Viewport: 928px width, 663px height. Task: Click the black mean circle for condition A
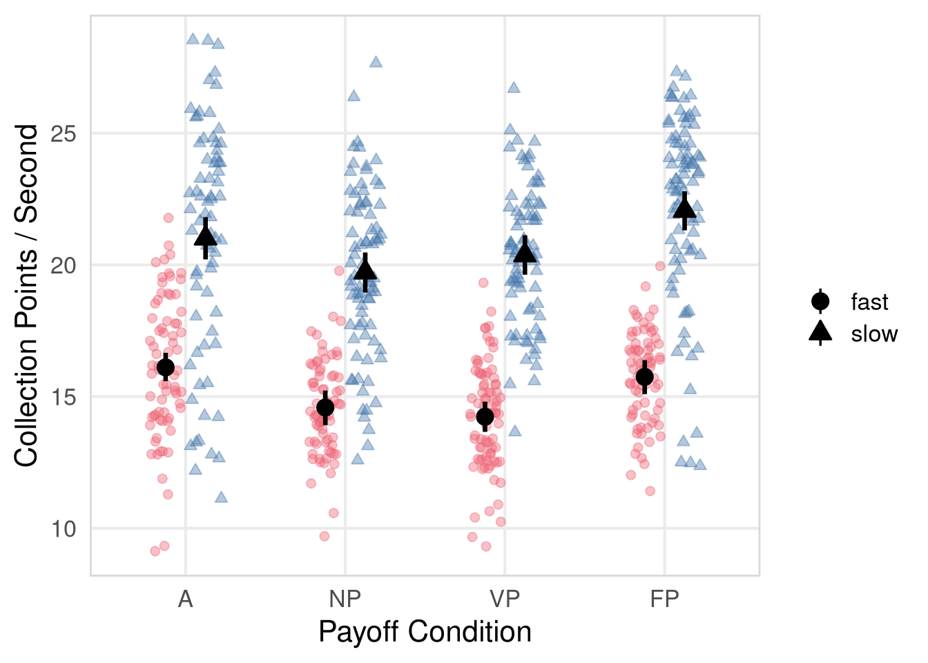166,367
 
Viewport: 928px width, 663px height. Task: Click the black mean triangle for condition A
206,237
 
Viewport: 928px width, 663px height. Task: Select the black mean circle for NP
325,407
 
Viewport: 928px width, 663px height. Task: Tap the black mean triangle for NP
365,270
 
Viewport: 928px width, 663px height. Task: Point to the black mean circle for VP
485,416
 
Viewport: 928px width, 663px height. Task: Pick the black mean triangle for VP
525,254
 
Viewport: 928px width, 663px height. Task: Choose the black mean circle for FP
645,376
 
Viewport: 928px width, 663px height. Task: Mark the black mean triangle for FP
684,209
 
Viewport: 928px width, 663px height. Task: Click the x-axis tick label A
185,599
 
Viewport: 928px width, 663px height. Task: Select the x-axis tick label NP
345,599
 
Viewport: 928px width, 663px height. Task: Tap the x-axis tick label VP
505,599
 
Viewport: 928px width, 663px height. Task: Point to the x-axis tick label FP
664,599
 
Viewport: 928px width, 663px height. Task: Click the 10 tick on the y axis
64,529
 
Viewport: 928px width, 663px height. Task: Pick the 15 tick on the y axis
64,397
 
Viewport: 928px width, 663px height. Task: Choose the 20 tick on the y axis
64,265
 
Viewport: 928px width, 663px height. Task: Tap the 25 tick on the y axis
64,133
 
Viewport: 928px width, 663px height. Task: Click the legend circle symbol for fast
820,302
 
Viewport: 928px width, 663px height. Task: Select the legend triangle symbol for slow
820,333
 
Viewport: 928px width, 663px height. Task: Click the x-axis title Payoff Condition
425,632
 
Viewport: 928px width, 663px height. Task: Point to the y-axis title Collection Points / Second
26,296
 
